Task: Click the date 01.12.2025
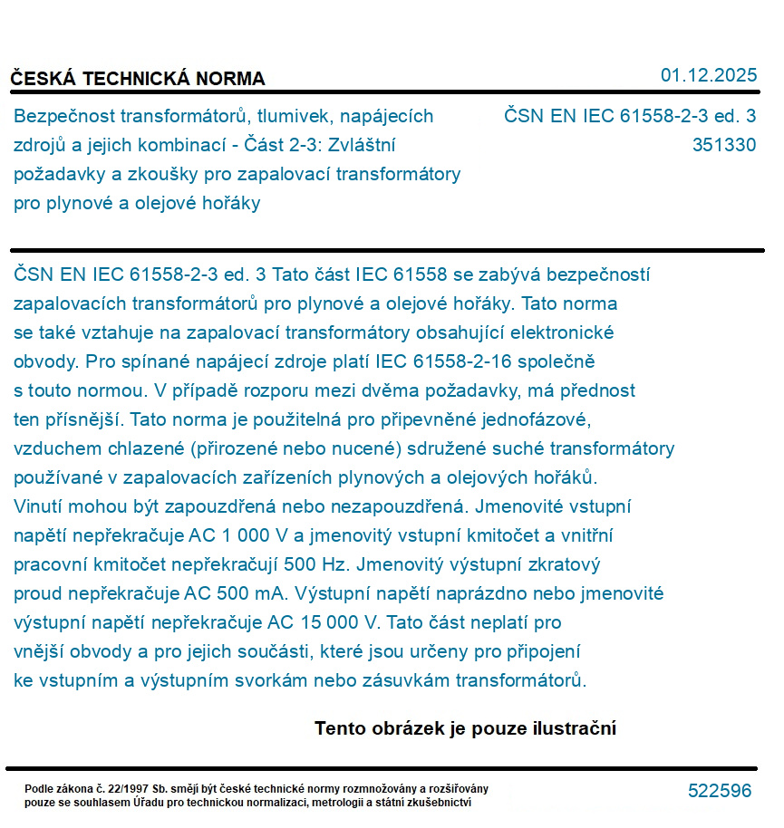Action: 708,76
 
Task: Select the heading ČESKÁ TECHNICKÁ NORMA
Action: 138,79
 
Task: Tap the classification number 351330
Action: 723,145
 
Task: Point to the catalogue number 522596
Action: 720,791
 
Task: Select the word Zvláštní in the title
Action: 365,145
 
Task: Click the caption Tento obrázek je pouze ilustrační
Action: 465,728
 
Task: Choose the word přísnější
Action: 87,419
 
